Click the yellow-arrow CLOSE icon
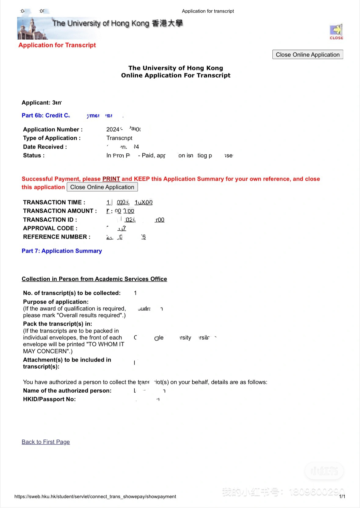(336, 31)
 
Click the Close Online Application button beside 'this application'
(102, 187)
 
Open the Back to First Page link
(46, 442)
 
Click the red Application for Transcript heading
(57, 45)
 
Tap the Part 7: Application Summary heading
(62, 251)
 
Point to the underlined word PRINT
(111, 179)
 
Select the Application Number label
(53, 129)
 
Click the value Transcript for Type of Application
(119, 138)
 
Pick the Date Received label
(45, 147)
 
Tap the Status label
(34, 155)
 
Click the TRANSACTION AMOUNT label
(60, 211)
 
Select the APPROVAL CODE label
(50, 228)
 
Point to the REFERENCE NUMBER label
(57, 237)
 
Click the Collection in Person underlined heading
(94, 279)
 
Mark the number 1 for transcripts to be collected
(135, 293)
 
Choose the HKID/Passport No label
(49, 399)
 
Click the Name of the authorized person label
(67, 391)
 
